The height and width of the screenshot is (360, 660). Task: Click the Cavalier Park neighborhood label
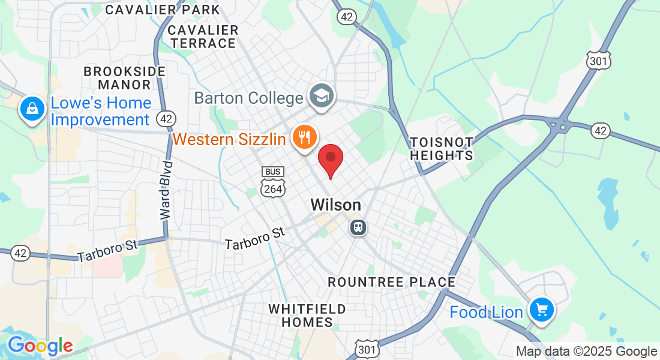point(163,10)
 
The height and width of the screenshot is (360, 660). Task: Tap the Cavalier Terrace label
point(202,37)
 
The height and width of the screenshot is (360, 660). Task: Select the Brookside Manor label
point(125,78)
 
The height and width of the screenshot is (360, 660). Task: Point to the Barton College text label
point(248,98)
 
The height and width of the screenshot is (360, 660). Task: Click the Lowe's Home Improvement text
point(100,111)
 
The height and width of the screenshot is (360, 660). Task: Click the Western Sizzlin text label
point(229,140)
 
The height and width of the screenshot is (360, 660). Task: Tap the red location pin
point(330,160)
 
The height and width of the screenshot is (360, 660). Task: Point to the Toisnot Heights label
point(442,149)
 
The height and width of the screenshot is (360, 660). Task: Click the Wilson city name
point(335,205)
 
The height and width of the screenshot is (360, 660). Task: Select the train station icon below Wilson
point(358,227)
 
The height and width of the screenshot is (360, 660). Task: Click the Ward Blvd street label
point(167,189)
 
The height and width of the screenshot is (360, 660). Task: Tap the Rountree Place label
point(391,282)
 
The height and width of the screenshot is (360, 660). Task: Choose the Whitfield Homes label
point(307,316)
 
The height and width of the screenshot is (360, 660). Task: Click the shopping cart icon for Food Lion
point(542,310)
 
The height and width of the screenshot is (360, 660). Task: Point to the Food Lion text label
point(486,313)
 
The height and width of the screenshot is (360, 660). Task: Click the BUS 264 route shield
point(272,182)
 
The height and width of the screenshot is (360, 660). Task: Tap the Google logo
point(40,346)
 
